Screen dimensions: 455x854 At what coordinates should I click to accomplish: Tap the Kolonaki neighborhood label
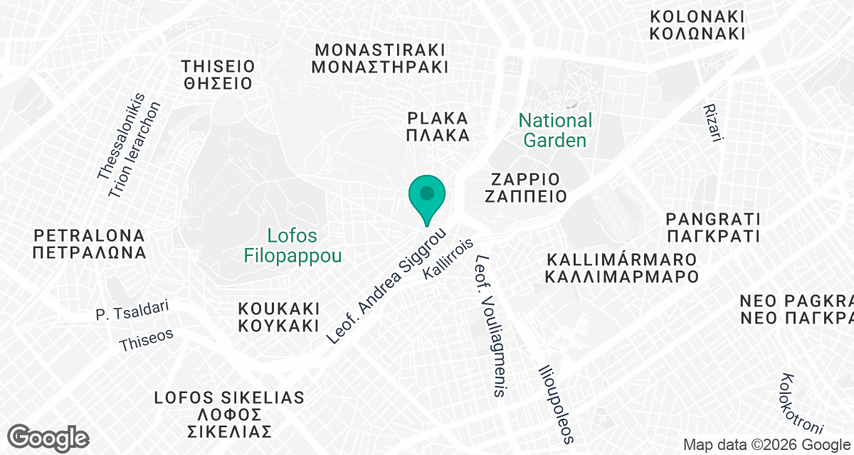(697, 25)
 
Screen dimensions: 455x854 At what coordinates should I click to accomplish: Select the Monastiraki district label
(381, 58)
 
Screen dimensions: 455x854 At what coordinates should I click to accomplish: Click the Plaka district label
(438, 127)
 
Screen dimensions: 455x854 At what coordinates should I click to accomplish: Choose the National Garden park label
(555, 130)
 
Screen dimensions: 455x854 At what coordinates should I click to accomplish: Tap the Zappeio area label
(526, 187)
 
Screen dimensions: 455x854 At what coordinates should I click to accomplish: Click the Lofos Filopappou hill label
(292, 245)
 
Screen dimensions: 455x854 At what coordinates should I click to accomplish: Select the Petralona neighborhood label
(89, 243)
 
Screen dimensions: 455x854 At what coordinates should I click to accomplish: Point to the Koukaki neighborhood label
(278, 318)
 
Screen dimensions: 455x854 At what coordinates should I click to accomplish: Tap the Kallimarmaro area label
(620, 266)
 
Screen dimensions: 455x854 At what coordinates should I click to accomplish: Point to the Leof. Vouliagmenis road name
(490, 326)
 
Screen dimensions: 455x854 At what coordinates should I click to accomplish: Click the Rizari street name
(712, 123)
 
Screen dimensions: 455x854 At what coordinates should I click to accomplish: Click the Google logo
(49, 437)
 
